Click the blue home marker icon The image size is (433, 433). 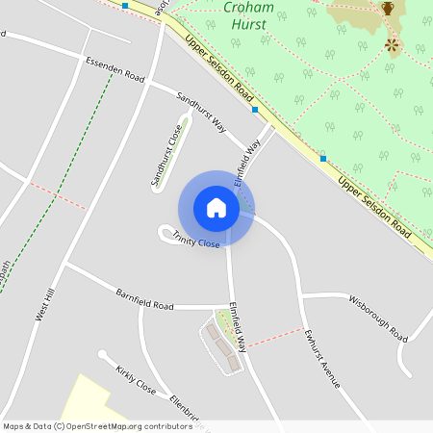216,208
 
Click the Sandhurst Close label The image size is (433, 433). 166,154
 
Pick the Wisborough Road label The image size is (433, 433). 379,318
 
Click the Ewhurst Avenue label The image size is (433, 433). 322,358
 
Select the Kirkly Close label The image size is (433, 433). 136,380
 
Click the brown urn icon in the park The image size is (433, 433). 388,8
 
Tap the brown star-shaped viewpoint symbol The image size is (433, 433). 392,44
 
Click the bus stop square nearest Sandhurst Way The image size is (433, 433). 255,110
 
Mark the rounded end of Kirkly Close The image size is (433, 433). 102,354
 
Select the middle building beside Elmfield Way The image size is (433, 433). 224,344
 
